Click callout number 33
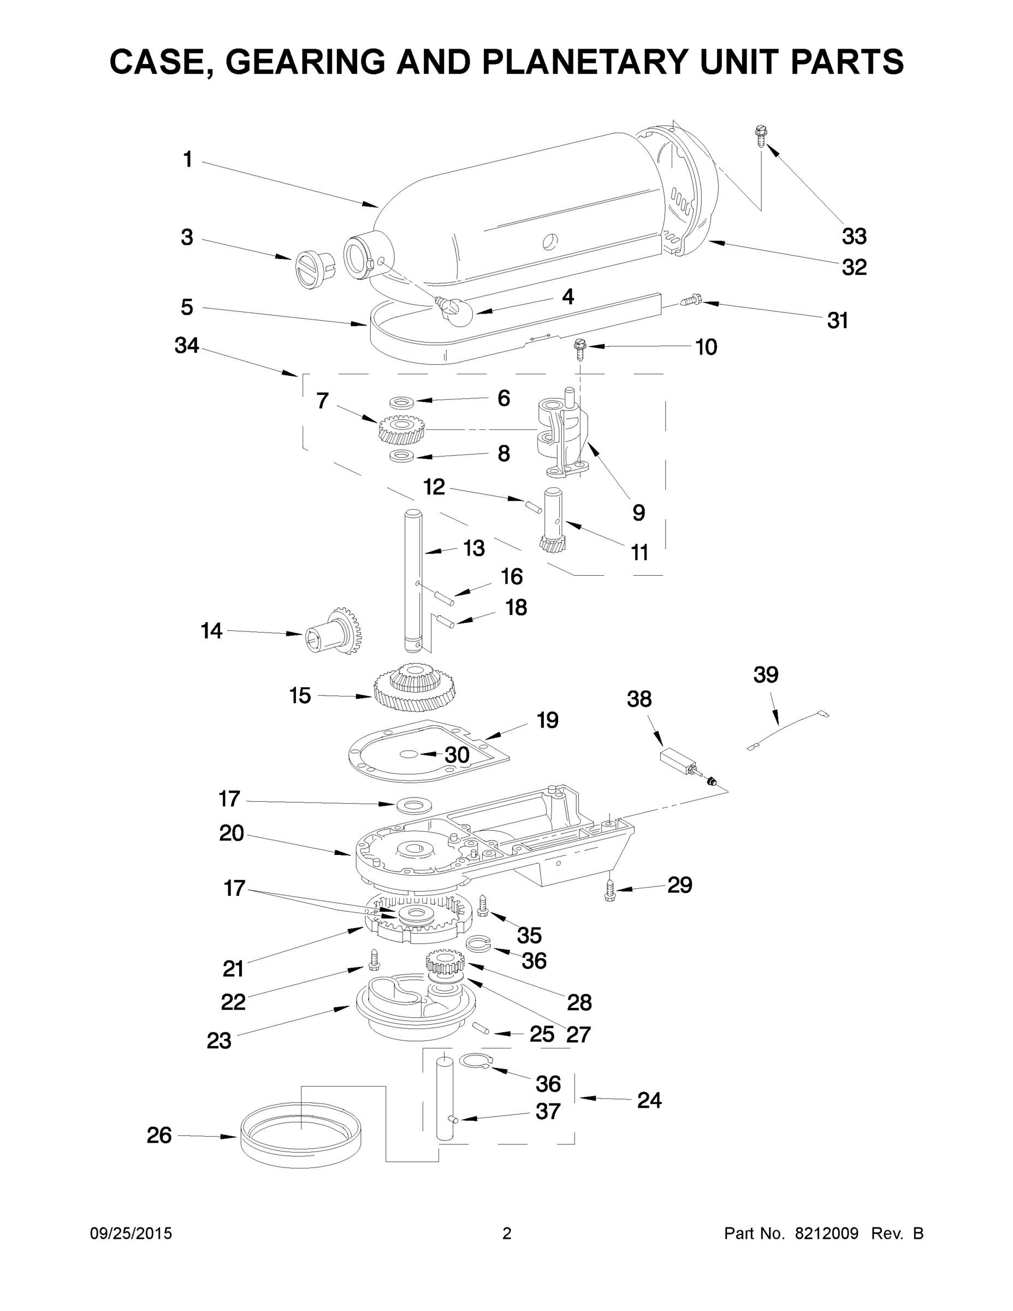(x=854, y=237)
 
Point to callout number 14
(x=211, y=631)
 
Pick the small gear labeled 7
(x=401, y=429)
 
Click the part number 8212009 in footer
(x=826, y=1233)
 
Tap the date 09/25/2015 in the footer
(x=131, y=1233)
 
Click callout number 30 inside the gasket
(x=456, y=755)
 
